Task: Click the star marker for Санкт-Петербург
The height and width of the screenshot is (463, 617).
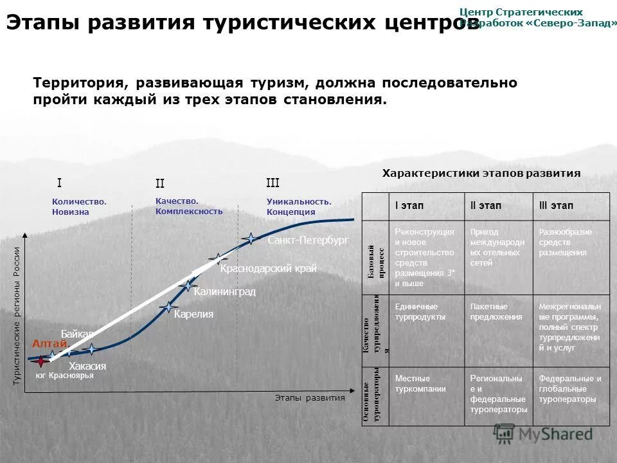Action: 250,239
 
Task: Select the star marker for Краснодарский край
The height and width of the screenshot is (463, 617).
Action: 219,259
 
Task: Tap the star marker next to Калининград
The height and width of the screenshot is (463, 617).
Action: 188,286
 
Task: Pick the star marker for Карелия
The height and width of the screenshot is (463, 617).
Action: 169,309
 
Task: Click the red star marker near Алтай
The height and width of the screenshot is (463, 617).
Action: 41,361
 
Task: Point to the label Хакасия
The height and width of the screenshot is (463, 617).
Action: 87,366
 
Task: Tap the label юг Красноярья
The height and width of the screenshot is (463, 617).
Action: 65,376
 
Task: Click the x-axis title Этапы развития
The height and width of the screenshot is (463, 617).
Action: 310,397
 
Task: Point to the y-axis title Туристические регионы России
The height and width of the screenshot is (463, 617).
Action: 17,316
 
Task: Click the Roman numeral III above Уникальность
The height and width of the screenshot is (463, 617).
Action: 273,183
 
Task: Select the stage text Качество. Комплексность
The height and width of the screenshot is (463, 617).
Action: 189,206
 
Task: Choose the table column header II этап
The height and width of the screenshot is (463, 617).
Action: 487,206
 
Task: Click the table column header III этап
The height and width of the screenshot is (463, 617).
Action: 557,206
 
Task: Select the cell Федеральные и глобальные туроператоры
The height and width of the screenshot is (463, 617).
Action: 570,389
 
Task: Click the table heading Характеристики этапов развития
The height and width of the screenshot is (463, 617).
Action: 481,173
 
